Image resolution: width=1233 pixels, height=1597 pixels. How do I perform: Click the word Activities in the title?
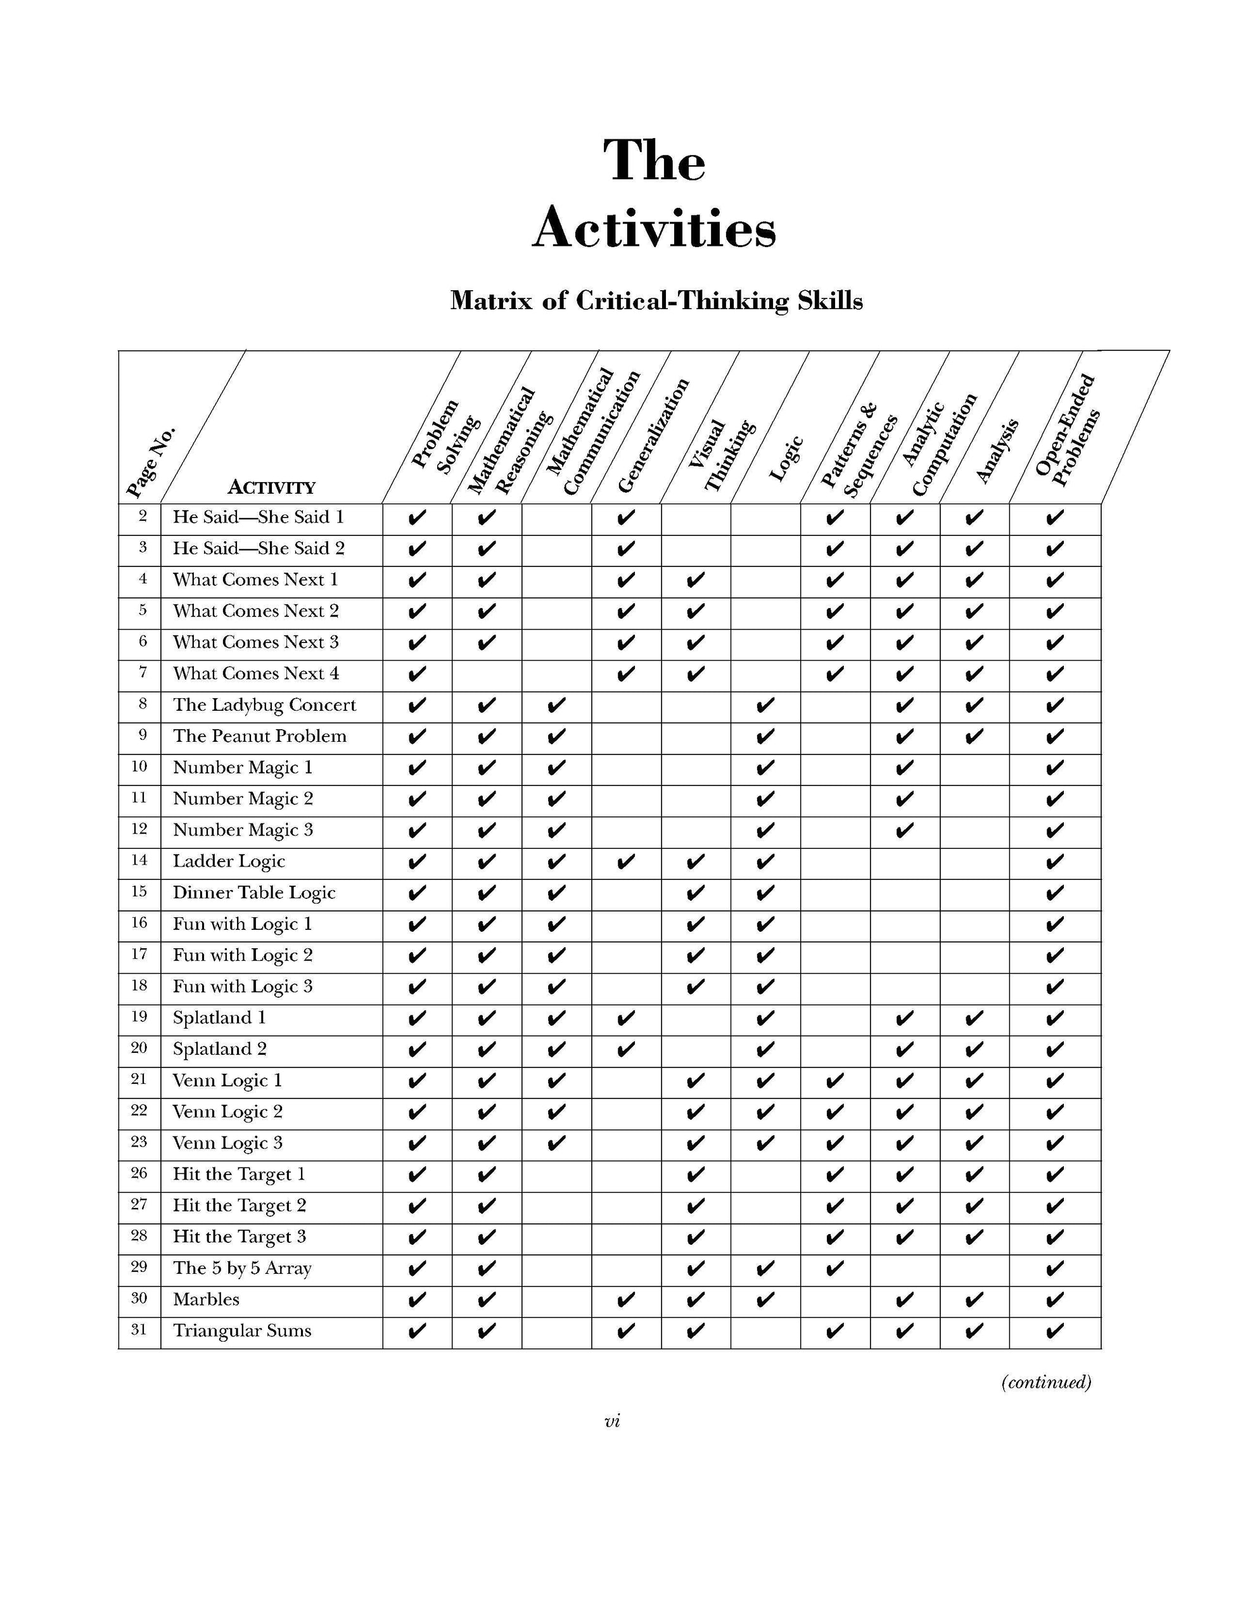[x=653, y=228]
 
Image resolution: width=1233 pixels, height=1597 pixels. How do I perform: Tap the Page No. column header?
[x=151, y=461]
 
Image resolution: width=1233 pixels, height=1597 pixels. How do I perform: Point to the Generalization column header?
[x=653, y=436]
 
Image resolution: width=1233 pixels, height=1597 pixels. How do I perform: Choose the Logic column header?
[x=787, y=459]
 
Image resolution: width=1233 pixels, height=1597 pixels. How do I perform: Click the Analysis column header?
[x=997, y=451]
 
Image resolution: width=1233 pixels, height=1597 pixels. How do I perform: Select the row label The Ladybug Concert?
[x=264, y=705]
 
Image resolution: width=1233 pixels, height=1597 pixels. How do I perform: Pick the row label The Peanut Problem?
[x=260, y=736]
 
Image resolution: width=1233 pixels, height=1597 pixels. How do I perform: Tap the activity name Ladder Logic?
[x=229, y=862]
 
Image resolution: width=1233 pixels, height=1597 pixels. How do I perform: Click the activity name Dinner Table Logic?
[x=254, y=893]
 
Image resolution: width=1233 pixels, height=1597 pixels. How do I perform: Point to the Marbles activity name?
[x=206, y=1299]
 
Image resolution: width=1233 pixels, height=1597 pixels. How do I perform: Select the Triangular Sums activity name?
[x=242, y=1331]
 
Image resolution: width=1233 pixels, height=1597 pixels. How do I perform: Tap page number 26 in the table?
[x=139, y=1174]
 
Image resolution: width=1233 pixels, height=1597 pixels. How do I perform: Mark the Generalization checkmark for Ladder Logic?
[x=625, y=862]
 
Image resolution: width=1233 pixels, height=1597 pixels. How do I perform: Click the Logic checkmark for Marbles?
[x=765, y=1300]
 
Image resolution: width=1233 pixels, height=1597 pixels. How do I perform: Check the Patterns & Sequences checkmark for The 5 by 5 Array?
[x=834, y=1269]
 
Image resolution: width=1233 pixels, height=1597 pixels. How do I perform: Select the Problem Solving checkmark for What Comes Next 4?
[x=416, y=674]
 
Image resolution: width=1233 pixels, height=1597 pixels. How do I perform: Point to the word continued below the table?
[x=1046, y=1382]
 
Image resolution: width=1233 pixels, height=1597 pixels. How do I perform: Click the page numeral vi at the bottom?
[x=612, y=1421]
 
